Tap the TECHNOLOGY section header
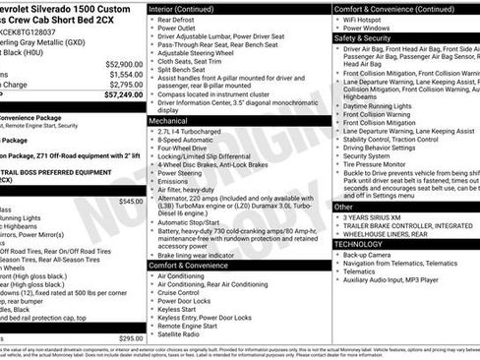(360, 243)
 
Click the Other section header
(343, 208)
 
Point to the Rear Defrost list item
(179, 20)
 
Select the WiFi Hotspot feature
(365, 20)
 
